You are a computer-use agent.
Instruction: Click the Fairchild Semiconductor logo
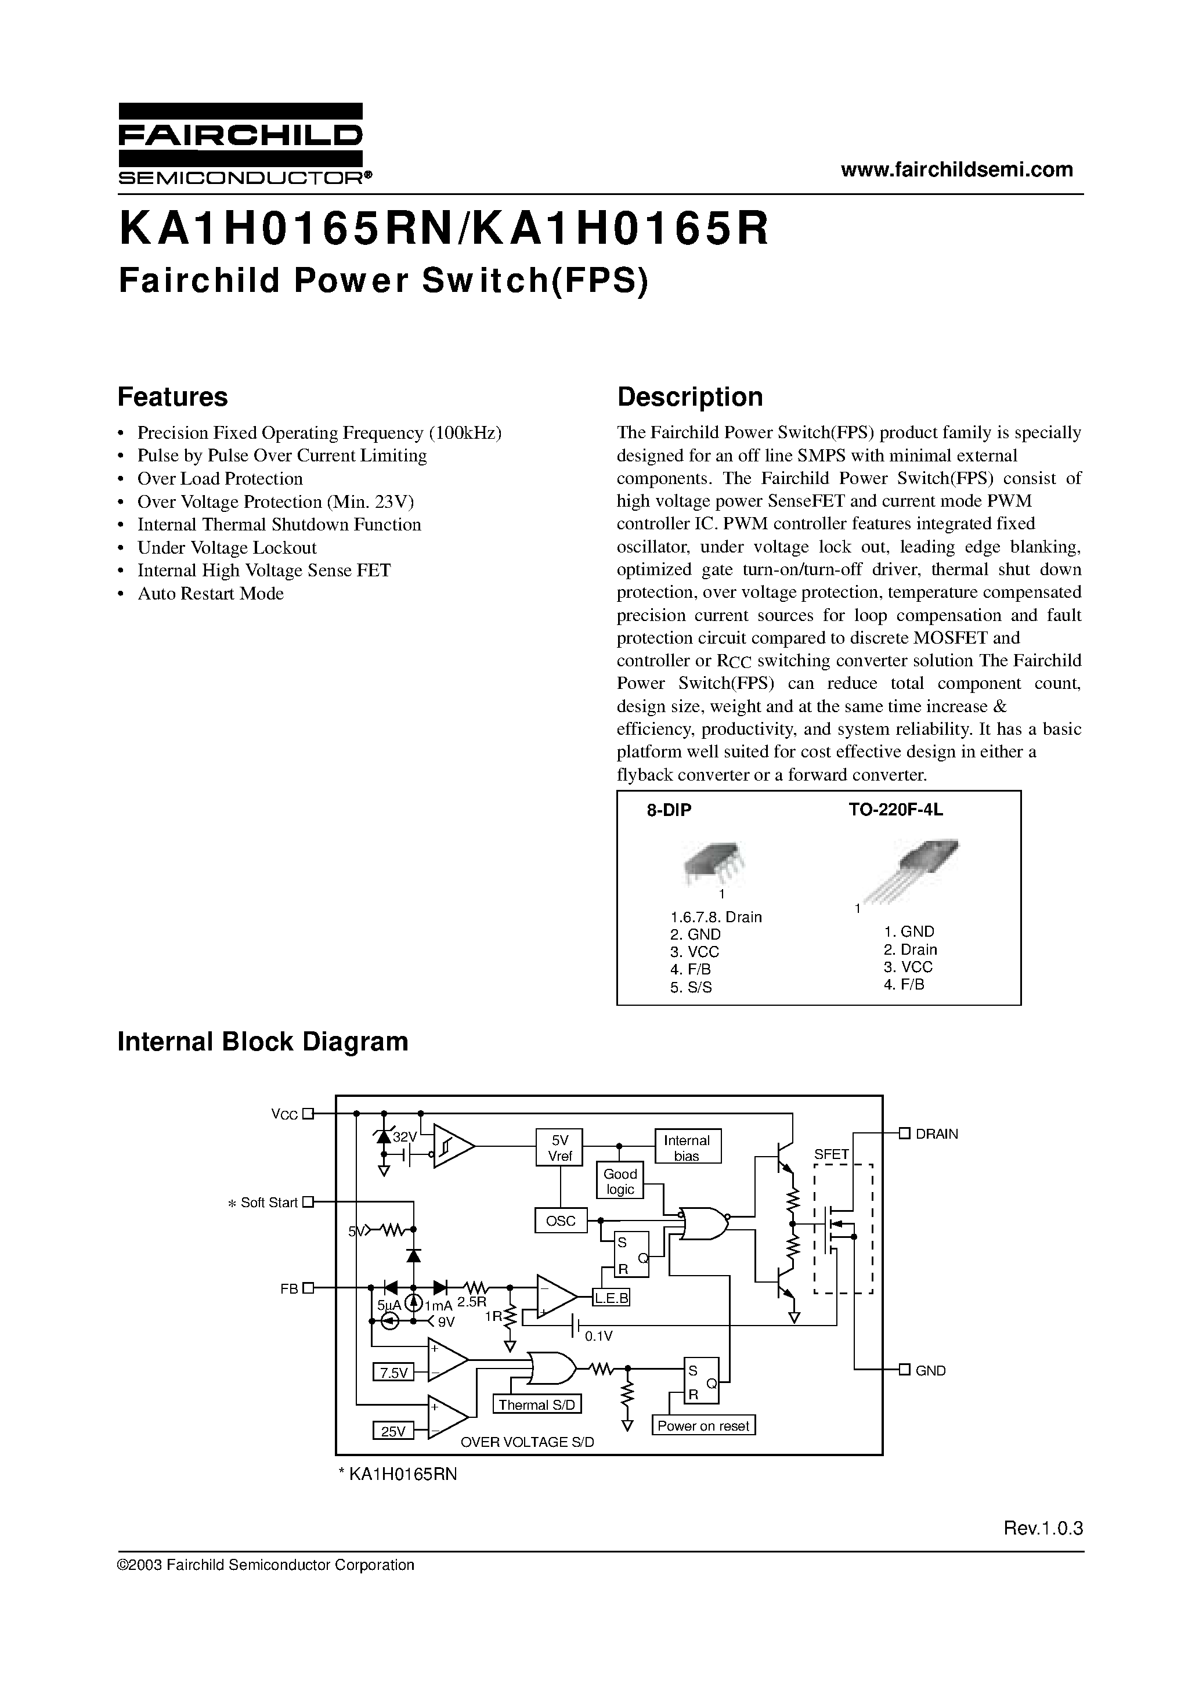click(241, 143)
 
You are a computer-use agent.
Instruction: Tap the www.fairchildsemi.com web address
click(956, 169)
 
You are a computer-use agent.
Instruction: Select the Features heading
click(172, 397)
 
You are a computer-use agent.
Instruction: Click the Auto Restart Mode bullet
click(210, 594)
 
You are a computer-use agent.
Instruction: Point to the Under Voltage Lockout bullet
click(226, 548)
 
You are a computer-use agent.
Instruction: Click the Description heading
click(689, 397)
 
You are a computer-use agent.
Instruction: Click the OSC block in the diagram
click(560, 1221)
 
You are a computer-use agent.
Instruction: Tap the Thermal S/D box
click(537, 1404)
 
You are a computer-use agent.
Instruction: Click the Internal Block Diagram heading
click(262, 1041)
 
